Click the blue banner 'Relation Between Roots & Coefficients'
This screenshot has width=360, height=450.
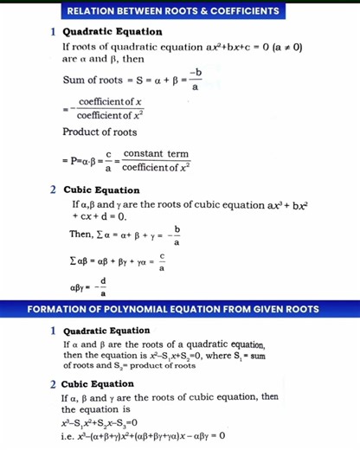180,11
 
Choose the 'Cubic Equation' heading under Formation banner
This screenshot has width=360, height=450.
94,383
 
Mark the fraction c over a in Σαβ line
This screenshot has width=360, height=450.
162,262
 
